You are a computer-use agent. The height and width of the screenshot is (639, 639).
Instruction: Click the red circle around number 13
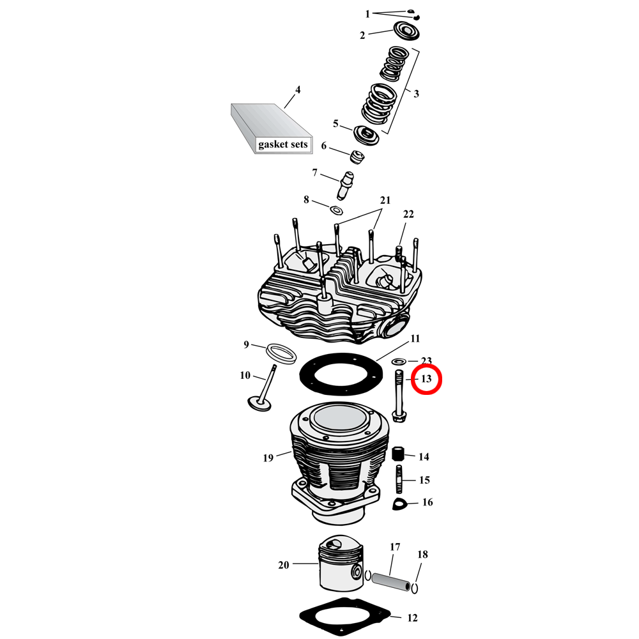pos(426,380)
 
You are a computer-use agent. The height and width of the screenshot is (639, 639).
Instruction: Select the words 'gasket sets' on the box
pos(283,144)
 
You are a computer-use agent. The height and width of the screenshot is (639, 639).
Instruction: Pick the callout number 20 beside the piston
pos(284,564)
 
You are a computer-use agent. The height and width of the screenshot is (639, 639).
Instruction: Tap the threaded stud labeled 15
pos(399,479)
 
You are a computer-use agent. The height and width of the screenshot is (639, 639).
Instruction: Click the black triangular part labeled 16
pos(400,504)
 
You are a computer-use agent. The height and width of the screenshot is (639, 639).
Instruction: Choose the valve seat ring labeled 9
pos(282,353)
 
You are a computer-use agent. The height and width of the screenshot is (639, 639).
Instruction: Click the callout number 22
pos(408,213)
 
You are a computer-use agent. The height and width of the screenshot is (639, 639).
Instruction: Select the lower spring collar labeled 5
pos(366,135)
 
